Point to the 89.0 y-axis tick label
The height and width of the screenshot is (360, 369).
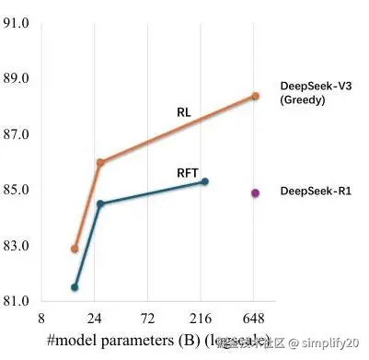(x=17, y=78)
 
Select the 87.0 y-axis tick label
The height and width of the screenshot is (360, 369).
(x=17, y=134)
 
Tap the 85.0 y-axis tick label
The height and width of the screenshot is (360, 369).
(x=17, y=190)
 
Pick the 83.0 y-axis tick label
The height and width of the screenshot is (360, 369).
(x=17, y=246)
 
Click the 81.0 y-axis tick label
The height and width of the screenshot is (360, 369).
(x=17, y=301)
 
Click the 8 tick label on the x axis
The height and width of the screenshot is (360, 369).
(x=41, y=318)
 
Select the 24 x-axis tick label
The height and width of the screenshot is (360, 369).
(x=95, y=318)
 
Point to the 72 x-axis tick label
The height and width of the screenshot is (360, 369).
(x=148, y=318)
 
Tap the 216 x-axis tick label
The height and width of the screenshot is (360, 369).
(x=201, y=318)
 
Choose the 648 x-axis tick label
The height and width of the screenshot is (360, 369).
(x=254, y=318)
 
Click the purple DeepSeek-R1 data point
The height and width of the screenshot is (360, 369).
(x=255, y=192)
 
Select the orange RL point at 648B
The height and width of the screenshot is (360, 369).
(x=255, y=96)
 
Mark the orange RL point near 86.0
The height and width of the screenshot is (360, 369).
(x=100, y=162)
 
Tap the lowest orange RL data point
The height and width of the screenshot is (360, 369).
(x=75, y=249)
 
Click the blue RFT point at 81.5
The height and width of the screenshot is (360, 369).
(x=75, y=287)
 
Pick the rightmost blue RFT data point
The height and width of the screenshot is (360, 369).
(x=205, y=181)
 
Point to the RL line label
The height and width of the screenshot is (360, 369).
(x=184, y=113)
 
